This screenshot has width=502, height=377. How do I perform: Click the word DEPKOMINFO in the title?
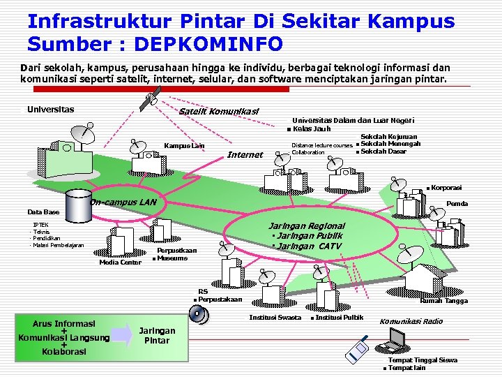coord(208,44)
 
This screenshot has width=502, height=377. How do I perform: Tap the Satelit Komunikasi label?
coord(218,112)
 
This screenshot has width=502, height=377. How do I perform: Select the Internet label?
coord(245,154)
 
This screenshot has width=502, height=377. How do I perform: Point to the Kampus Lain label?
coord(184,146)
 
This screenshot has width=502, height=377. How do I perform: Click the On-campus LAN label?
coord(123,202)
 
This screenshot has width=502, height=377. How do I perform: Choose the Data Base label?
coord(43,212)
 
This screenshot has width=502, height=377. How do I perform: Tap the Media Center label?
coord(120,263)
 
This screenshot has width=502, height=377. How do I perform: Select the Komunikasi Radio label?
coord(411,321)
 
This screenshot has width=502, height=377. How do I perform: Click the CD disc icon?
coord(198,315)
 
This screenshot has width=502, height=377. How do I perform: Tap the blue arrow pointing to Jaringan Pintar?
coord(121,332)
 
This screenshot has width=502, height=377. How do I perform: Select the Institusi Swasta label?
coord(275,318)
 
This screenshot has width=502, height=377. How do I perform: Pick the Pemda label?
coord(457,204)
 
